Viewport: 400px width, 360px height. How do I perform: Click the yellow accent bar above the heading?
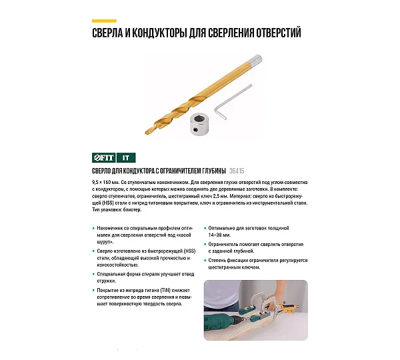(104, 21)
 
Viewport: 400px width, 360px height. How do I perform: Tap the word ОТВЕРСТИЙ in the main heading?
(279, 33)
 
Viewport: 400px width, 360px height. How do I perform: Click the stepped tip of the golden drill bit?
(149, 130)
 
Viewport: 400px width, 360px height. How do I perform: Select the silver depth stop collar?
(200, 124)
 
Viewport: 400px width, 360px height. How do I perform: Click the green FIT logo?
(104, 158)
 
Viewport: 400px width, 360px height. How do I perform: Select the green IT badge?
(126, 158)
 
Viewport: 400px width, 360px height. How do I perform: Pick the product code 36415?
(237, 171)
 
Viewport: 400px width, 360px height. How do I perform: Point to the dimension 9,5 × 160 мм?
(105, 183)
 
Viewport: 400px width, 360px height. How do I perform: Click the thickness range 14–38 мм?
(219, 235)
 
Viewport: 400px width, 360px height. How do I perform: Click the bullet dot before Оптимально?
(205, 229)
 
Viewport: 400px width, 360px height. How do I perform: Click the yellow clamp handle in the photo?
(289, 307)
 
